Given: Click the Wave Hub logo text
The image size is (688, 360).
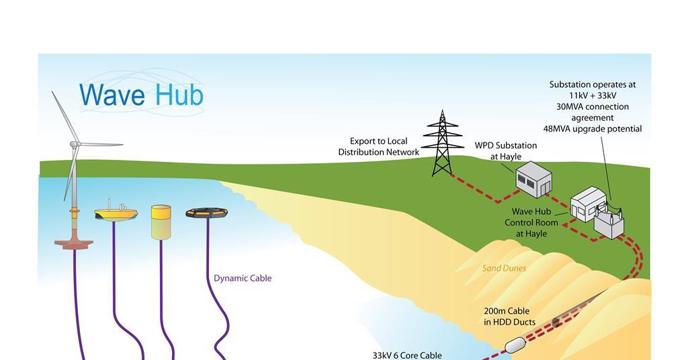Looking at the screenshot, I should point(141,95).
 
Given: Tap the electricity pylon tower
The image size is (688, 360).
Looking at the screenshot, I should point(442,144).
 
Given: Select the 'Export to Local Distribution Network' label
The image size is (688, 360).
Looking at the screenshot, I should point(378,146).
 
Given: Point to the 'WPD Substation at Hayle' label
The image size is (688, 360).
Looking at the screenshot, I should point(506,150).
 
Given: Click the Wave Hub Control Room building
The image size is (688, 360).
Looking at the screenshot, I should point(585,204).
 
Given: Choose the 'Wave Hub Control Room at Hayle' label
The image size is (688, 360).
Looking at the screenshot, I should point(531,222).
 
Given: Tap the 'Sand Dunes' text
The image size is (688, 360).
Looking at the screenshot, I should point(504,268).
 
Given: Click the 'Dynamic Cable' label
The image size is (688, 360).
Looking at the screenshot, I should point(243,278).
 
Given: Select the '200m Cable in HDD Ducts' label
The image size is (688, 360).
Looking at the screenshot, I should point(509,316).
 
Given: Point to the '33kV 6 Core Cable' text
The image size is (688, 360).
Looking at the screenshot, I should point(407,355).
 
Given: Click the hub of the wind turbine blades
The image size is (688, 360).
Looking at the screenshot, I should point(77,144).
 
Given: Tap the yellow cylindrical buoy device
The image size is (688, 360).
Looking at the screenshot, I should point(161,222).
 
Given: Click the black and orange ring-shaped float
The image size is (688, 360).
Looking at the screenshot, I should point(208,214).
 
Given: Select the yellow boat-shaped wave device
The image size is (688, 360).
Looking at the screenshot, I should point(116,213).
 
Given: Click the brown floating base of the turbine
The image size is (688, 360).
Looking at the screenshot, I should point(73,242).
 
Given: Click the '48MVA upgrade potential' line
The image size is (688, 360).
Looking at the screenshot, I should point(593,129).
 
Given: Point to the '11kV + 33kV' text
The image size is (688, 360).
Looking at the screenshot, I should point(593,95).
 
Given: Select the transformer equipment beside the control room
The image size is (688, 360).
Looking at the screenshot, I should point(609,222).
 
